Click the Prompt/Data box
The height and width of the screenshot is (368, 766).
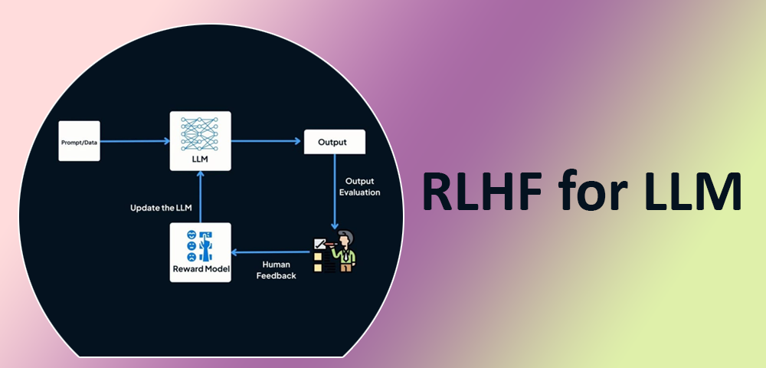tap(79, 141)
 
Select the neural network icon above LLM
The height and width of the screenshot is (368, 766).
tap(200, 134)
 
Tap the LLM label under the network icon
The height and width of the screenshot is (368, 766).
tap(200, 159)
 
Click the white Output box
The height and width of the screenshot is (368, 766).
tap(334, 142)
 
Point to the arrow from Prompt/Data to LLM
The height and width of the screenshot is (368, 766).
tap(135, 141)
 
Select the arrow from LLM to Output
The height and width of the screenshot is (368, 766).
tap(266, 141)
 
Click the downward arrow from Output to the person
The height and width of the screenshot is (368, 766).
tap(335, 192)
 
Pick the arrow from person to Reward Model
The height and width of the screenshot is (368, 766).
tap(270, 252)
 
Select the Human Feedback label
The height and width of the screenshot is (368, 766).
tap(276, 270)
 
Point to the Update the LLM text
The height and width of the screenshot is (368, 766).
tap(161, 208)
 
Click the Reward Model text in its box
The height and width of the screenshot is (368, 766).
tap(200, 269)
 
